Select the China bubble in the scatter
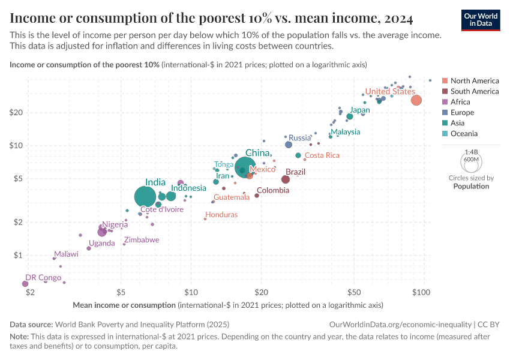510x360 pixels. (x=245, y=168)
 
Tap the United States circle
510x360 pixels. (x=416, y=100)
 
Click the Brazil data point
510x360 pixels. (x=286, y=179)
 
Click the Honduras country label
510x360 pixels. (x=221, y=214)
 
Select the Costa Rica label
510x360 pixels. (x=322, y=155)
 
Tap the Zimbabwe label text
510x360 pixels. (x=142, y=239)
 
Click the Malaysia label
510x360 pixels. (x=345, y=131)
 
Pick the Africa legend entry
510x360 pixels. (x=460, y=102)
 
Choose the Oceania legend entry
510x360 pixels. (x=464, y=133)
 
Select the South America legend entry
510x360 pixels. (x=474, y=91)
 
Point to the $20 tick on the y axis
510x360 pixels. (x=16, y=112)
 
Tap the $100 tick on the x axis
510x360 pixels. (x=422, y=292)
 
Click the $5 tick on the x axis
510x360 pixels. (x=121, y=292)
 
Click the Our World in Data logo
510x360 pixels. (x=481, y=19)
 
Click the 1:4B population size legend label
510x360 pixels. (x=471, y=152)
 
